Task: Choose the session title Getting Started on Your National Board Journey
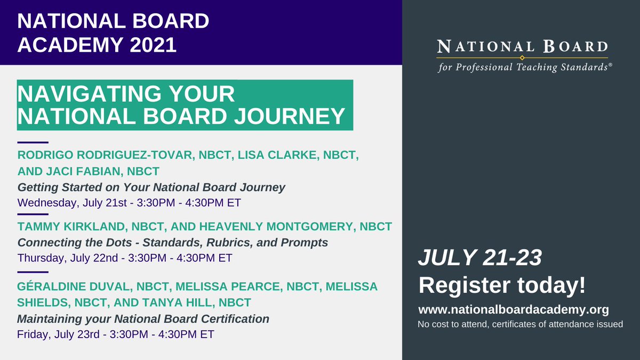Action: click(151, 187)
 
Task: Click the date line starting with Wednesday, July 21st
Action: click(124, 203)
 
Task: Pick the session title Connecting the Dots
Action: click(173, 243)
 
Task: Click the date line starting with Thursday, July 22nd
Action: click(125, 258)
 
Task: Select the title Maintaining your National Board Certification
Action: click(143, 319)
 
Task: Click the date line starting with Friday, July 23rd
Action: click(116, 335)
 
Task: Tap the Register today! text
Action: click(502, 285)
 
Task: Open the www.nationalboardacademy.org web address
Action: click(514, 309)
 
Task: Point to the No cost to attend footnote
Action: click(520, 324)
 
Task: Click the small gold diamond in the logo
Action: click(522, 57)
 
